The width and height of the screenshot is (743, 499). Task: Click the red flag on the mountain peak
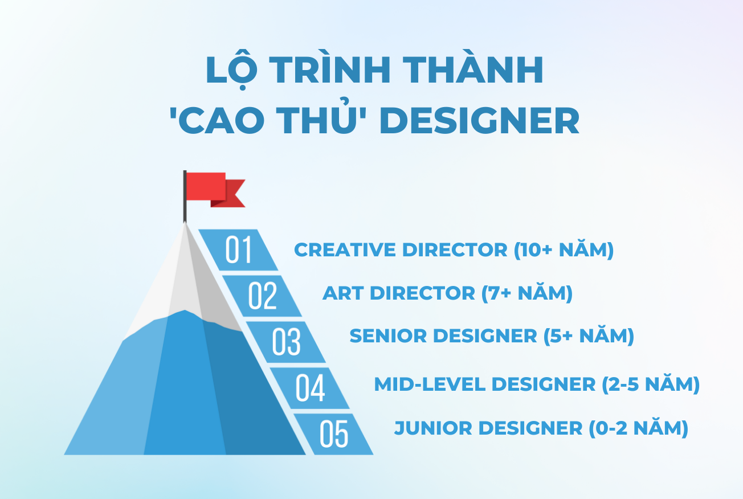coord(215,190)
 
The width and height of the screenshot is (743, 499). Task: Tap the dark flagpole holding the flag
coord(185,197)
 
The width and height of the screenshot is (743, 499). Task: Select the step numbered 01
coord(238,250)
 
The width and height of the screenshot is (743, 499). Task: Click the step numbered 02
coord(262,296)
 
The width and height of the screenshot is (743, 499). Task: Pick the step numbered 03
coord(286,342)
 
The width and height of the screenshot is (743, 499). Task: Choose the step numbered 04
coord(310,388)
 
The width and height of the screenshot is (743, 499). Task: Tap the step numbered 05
coord(334,434)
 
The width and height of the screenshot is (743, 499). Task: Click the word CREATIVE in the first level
coord(345,249)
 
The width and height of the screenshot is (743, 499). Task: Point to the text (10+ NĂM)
coord(564,250)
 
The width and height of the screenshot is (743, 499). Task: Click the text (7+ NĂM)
coord(527,294)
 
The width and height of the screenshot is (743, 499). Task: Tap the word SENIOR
coord(388,336)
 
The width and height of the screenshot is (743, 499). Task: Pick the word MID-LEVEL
coord(430,385)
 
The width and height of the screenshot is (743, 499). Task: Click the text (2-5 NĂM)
coord(651,385)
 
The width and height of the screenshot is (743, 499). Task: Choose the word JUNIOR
coord(433,428)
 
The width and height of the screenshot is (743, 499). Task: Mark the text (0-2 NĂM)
coord(639,428)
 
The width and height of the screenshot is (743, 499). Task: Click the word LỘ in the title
coord(231,71)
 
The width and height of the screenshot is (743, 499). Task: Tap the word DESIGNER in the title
coord(479,120)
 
